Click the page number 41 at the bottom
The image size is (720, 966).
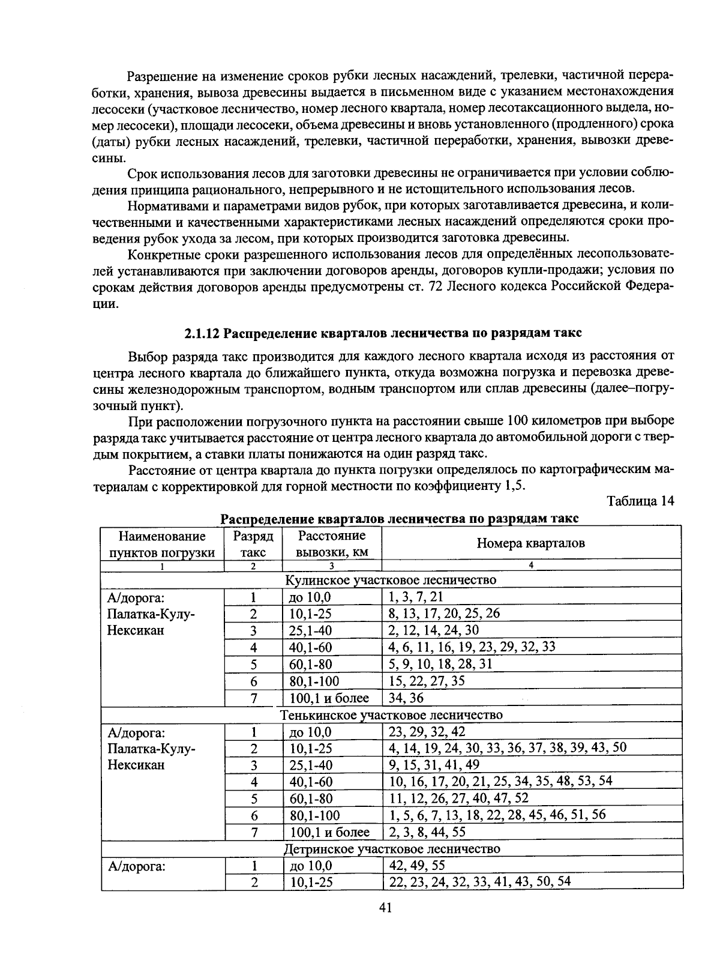[x=385, y=908]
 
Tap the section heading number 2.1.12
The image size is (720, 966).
[x=202, y=333]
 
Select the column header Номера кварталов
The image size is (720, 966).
[x=530, y=543]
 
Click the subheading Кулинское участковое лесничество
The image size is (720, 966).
[x=391, y=580]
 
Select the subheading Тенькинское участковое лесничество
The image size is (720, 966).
[x=391, y=715]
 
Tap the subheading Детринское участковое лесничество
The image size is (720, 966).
[x=391, y=849]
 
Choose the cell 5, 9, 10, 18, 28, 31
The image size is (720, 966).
[x=440, y=664]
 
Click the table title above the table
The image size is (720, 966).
[x=400, y=518]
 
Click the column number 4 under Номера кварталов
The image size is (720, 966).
[x=531, y=566]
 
